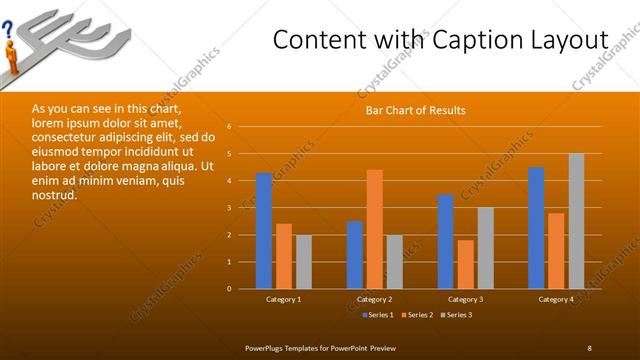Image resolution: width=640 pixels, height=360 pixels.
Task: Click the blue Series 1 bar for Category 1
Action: point(264,231)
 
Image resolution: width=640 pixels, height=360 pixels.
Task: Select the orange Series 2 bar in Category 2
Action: point(374,229)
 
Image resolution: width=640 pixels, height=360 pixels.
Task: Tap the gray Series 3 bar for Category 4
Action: point(576,221)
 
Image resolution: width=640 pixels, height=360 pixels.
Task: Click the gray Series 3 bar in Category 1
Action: point(303,262)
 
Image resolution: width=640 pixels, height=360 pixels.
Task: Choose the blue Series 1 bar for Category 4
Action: point(537,228)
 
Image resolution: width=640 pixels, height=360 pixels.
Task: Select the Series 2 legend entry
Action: point(418,315)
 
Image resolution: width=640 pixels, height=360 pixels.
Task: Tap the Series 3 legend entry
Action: point(458,315)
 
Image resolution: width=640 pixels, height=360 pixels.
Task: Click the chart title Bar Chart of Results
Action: point(415,110)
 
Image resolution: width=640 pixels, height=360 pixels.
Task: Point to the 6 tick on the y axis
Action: point(229,127)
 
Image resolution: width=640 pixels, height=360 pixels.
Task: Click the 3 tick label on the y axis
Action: point(229,208)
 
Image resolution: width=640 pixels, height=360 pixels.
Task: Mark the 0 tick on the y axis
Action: point(229,289)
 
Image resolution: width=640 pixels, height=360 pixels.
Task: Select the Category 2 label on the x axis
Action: point(374,299)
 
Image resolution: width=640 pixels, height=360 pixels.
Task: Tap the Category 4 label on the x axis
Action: point(556,299)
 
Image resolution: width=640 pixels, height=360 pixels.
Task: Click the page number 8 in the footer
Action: point(589,347)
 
